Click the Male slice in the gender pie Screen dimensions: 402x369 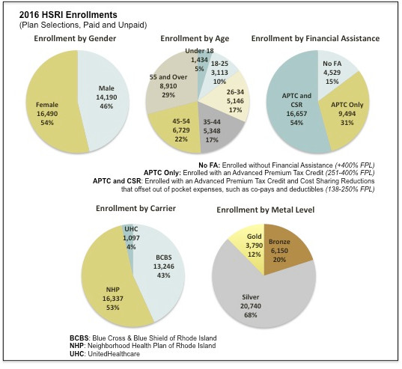[105, 97]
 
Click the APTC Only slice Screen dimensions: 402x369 [346, 113]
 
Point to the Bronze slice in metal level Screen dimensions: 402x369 [284, 251]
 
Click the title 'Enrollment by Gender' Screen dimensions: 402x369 [75, 38]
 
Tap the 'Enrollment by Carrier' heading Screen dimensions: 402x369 [135, 208]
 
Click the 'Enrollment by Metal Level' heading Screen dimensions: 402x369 [265, 210]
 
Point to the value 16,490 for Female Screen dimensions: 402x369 [47, 114]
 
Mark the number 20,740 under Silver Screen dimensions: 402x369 [251, 306]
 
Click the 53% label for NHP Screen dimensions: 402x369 [113, 308]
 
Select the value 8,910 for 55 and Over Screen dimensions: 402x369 [168, 86]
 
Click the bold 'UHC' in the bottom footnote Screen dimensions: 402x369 [76, 354]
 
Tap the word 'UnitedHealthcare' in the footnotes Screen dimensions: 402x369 [114, 354]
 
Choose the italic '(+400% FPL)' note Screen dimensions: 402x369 [355, 165]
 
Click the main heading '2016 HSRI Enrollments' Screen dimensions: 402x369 [68, 15]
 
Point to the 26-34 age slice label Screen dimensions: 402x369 [235, 92]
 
